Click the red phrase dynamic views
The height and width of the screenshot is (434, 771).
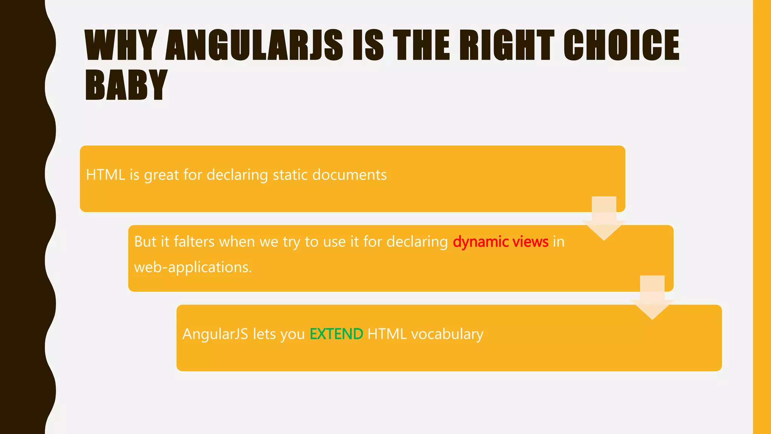click(x=500, y=242)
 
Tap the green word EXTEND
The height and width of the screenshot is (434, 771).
click(x=336, y=334)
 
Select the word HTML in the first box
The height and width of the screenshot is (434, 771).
click(x=105, y=175)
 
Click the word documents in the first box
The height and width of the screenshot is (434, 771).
click(x=349, y=175)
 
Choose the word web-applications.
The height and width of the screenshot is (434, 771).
click(x=193, y=267)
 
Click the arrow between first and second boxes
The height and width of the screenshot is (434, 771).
click(x=604, y=220)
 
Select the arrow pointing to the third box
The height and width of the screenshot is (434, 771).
click(x=652, y=299)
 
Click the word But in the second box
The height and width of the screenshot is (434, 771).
click(x=145, y=242)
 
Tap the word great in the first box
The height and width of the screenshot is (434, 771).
click(x=162, y=175)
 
